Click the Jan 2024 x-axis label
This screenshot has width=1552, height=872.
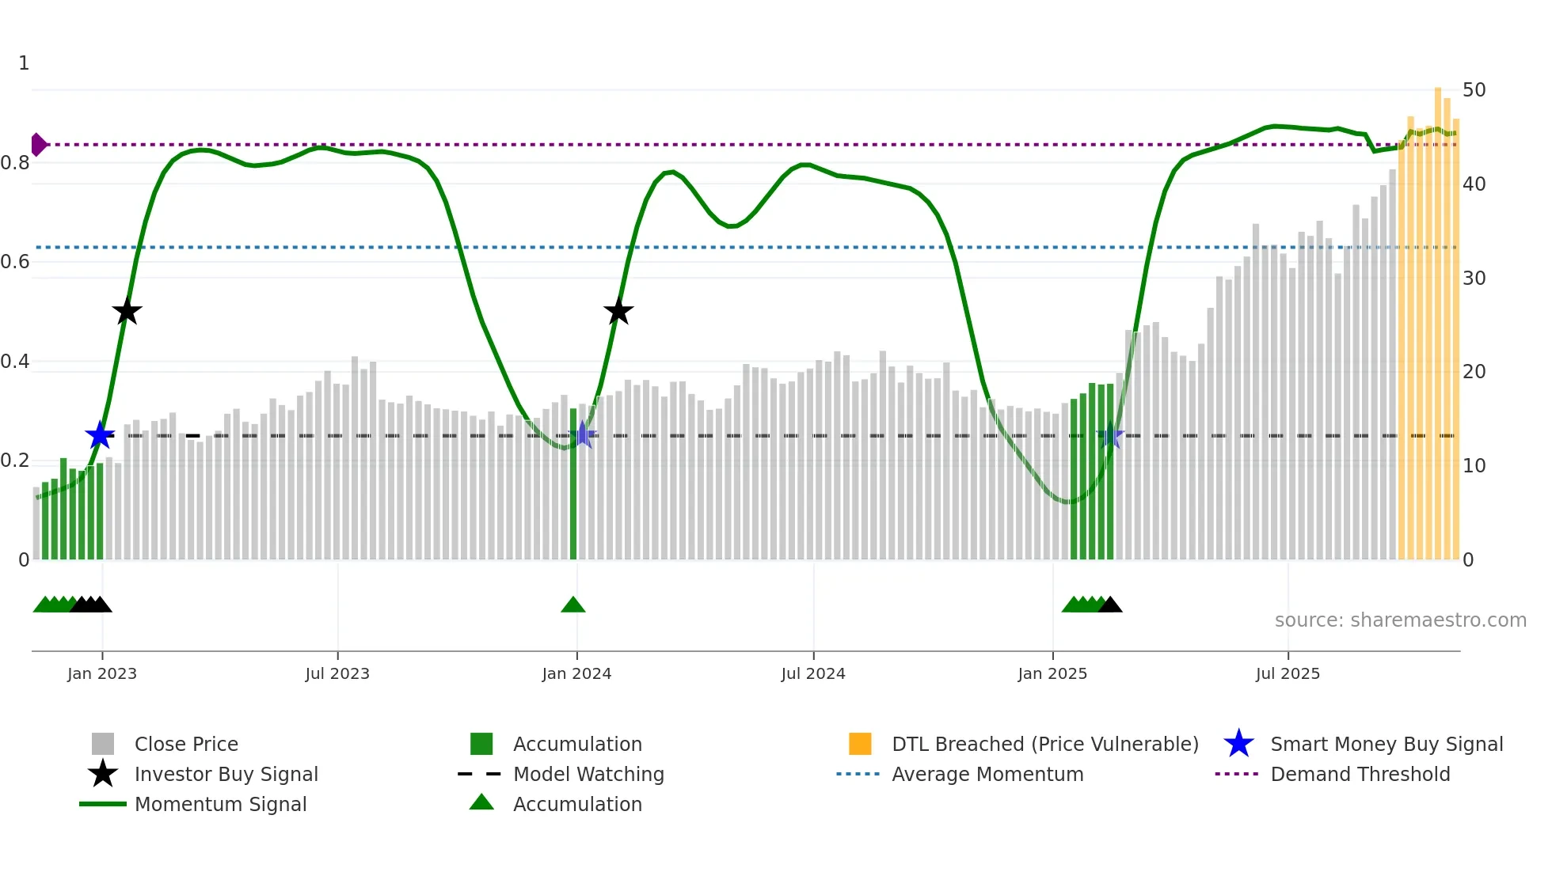tap(576, 673)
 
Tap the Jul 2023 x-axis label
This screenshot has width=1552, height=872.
tap(337, 673)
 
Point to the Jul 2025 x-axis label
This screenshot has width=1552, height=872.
tap(1288, 673)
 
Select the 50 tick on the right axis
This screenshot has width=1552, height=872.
tap(1474, 90)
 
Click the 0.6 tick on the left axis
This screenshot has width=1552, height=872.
tap(15, 262)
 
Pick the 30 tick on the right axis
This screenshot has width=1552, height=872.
tap(1474, 278)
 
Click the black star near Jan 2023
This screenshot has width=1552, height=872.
tap(127, 312)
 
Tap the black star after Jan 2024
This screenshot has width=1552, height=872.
tap(618, 312)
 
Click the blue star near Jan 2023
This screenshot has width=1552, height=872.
tap(100, 435)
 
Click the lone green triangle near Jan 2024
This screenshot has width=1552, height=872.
tap(572, 605)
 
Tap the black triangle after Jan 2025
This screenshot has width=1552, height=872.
tap(1110, 605)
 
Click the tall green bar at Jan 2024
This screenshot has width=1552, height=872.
tap(573, 483)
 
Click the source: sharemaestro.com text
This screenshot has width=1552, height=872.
tap(1400, 620)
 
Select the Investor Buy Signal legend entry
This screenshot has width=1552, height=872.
tap(226, 774)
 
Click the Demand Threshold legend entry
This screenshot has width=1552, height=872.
tap(1360, 774)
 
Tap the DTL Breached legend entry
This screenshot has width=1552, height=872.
tap(1044, 744)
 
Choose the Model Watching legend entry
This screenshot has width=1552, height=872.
tap(588, 774)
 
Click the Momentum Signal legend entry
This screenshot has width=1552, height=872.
tap(220, 804)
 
